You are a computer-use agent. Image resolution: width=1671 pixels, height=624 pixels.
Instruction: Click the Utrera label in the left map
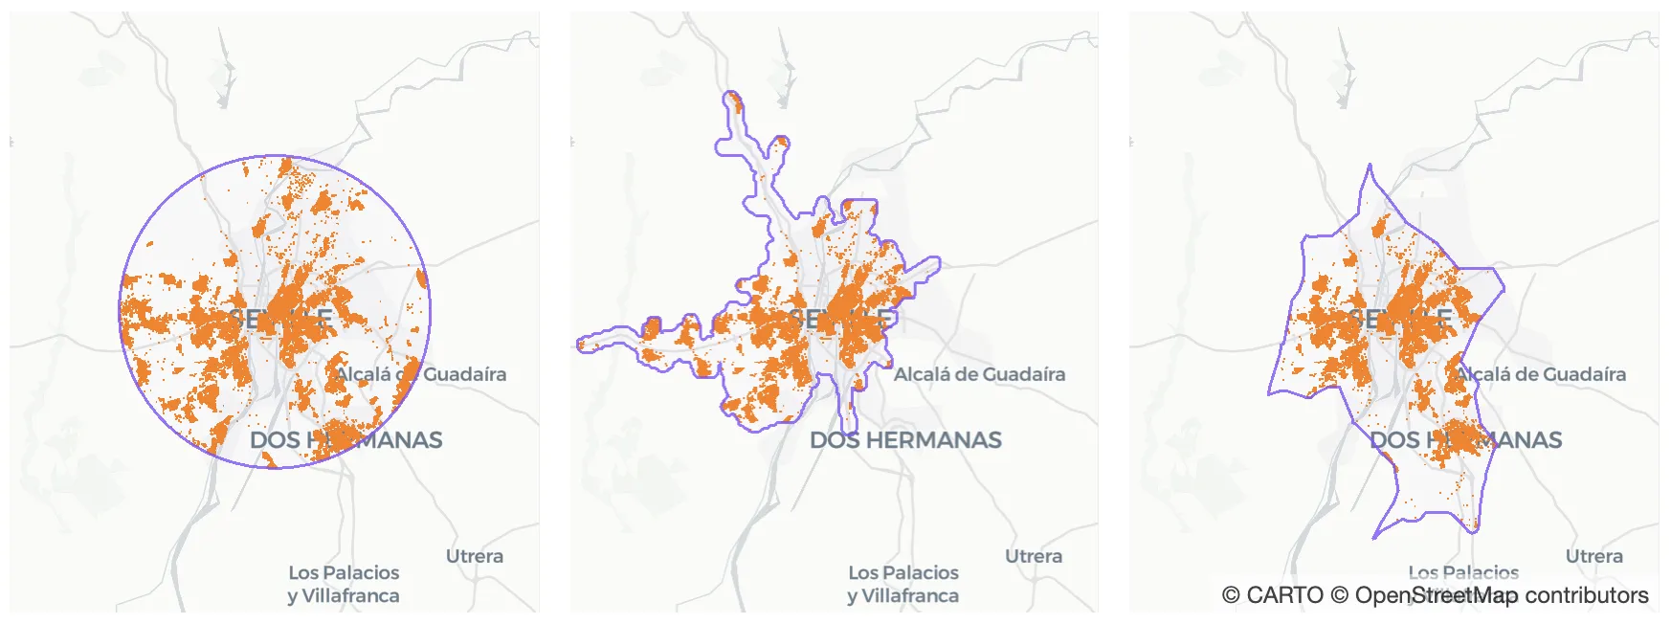tap(474, 556)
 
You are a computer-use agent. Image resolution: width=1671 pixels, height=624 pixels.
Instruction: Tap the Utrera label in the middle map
tap(1034, 556)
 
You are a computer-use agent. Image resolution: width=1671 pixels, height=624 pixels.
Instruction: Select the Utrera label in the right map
tap(1593, 556)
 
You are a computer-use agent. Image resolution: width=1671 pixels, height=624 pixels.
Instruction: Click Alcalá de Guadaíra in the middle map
tap(979, 374)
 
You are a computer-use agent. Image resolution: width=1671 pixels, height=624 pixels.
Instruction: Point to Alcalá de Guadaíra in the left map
tap(420, 374)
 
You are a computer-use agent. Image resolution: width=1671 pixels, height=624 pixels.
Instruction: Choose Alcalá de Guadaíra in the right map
tap(1540, 374)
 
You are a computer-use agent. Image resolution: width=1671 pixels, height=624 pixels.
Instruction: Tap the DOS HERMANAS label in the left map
tap(345, 440)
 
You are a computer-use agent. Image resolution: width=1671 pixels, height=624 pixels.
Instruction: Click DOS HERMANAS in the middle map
tap(905, 440)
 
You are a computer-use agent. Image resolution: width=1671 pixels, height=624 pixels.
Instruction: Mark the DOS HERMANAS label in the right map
tap(1465, 440)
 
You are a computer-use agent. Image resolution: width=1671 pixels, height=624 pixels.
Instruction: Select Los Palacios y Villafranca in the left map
tap(344, 584)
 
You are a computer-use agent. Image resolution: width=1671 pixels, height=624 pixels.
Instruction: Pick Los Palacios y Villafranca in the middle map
tap(903, 584)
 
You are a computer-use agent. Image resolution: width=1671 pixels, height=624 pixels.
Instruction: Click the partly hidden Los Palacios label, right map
tap(1463, 572)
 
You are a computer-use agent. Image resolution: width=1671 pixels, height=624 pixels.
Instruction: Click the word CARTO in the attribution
tap(1284, 595)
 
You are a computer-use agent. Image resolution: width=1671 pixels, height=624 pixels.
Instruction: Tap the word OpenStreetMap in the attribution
tap(1437, 595)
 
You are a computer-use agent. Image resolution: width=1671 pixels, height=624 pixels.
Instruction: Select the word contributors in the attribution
tap(1587, 595)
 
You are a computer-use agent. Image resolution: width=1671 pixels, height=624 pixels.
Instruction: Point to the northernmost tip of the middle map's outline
tap(733, 93)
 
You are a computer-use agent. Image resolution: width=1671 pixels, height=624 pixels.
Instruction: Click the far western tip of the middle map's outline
tap(579, 344)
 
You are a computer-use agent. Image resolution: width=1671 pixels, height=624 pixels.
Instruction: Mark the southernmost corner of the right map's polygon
tap(1375, 537)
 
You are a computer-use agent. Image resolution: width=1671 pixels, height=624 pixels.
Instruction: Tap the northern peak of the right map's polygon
tap(1370, 166)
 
